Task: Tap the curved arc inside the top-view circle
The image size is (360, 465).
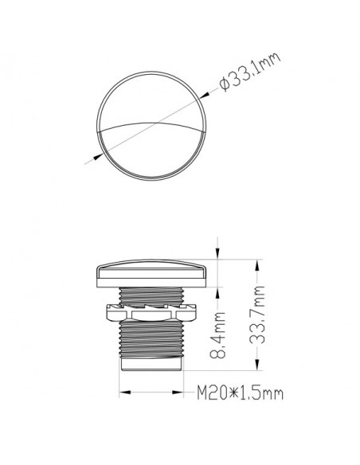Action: pyautogui.click(x=151, y=123)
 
